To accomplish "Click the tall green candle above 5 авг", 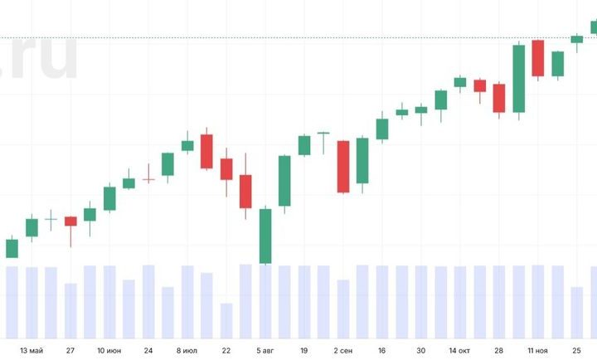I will pos(265,236).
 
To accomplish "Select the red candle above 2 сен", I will pos(342,166).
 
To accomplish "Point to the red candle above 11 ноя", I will pos(537,58).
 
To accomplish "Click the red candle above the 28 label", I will pos(499,98).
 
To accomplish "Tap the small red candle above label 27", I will pos(70,221).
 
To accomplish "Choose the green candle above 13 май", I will pos(32,226).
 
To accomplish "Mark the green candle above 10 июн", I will pos(109,198).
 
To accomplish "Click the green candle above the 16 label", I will pos(382,129).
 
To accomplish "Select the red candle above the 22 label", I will pos(226,168).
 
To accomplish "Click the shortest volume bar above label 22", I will pos(226,320).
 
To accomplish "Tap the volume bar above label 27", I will pos(70,310).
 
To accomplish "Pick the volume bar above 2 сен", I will pos(342,309).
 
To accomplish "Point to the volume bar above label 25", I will pos(577,312).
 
